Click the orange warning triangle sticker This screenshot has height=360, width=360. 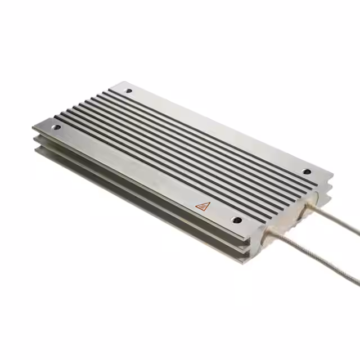point(202,206)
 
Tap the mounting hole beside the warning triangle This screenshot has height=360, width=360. point(237,220)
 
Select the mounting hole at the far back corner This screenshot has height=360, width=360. point(129,91)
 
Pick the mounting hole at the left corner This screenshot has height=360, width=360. point(57,128)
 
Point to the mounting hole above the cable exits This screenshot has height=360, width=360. point(307,172)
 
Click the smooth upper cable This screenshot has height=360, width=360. point(337,219)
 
